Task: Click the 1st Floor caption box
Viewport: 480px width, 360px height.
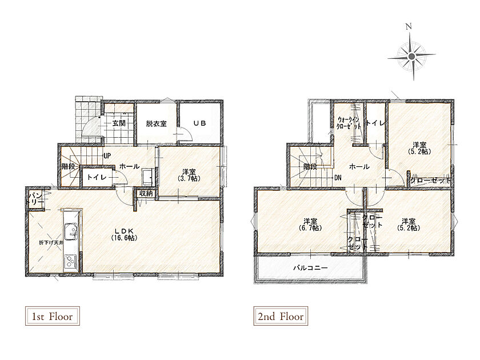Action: pyautogui.click(x=53, y=316)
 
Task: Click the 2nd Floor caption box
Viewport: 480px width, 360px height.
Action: pyautogui.click(x=281, y=316)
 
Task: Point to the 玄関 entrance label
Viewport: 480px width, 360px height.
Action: pyautogui.click(x=119, y=123)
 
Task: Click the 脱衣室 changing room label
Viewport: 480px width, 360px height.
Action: pyautogui.click(x=156, y=124)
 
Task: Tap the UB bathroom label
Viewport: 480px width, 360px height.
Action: pyautogui.click(x=199, y=123)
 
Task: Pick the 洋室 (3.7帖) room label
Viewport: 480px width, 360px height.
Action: pyautogui.click(x=189, y=175)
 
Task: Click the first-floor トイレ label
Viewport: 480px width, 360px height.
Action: pyautogui.click(x=97, y=177)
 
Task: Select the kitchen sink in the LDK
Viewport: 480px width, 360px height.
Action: pyautogui.click(x=71, y=232)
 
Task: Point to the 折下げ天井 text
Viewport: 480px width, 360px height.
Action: pyautogui.click(x=51, y=243)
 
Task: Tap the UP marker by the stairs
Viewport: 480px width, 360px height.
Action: pyautogui.click(x=107, y=156)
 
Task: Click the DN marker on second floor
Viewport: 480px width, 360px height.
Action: pyautogui.click(x=338, y=178)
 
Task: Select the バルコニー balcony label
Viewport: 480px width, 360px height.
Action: pyautogui.click(x=311, y=268)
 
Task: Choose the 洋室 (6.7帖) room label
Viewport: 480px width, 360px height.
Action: pyautogui.click(x=310, y=225)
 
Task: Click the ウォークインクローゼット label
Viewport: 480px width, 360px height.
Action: pyautogui.click(x=349, y=123)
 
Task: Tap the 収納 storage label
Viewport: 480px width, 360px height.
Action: pyautogui.click(x=146, y=194)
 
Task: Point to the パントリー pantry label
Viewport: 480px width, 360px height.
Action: pyautogui.click(x=35, y=198)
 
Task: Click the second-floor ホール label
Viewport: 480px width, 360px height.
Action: pyautogui.click(x=359, y=167)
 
